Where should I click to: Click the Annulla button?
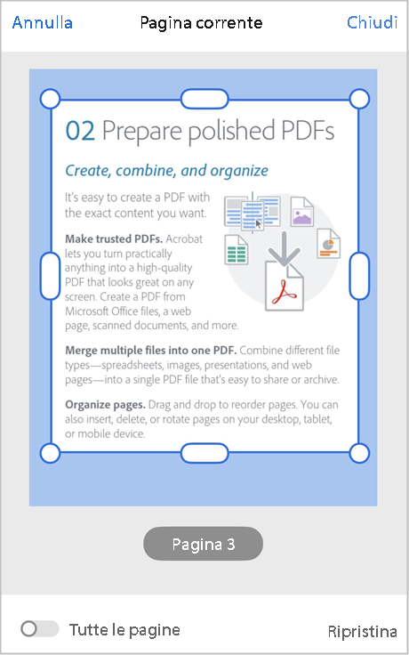pos(42,22)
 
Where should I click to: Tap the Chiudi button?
pos(372,22)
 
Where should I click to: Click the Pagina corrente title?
pos(201,22)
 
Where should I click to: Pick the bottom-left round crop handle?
pos(51,453)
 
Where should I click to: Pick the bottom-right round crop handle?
pos(359,453)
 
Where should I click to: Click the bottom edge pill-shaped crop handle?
pos(204,453)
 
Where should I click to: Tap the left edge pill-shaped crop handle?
pos(51,275)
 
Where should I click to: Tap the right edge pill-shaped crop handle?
pos(359,275)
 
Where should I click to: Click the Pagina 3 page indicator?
pos(204,544)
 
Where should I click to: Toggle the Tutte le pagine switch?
pos(39,629)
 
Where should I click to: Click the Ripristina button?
pos(362,631)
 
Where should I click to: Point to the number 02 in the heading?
pos(80,132)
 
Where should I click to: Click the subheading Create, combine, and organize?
pos(167,170)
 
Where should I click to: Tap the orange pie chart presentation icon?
pos(327,242)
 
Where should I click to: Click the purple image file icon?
pos(302,212)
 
